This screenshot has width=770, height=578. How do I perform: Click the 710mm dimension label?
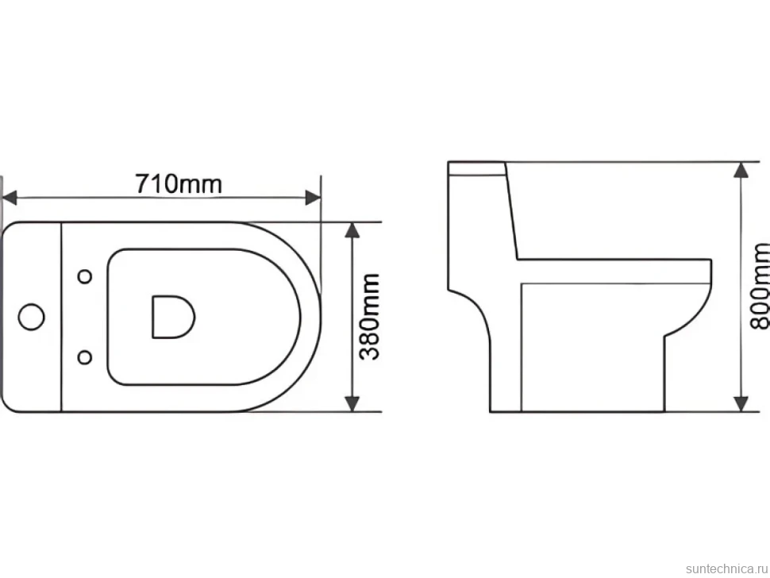point(179,184)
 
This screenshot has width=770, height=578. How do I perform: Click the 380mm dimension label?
point(369,317)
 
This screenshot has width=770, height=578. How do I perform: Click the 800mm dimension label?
point(761,287)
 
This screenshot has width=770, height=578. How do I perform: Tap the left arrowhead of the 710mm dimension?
point(10,198)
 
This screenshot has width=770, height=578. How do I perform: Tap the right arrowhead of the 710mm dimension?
point(313,198)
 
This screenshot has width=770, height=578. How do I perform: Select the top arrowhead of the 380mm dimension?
point(352,229)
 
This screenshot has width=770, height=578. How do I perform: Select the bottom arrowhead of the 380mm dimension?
point(352,403)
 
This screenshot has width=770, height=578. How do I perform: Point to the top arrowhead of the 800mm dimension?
point(741,170)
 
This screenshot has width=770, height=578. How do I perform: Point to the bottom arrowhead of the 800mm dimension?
point(741,403)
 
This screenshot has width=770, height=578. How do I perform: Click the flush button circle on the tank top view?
point(32,317)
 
